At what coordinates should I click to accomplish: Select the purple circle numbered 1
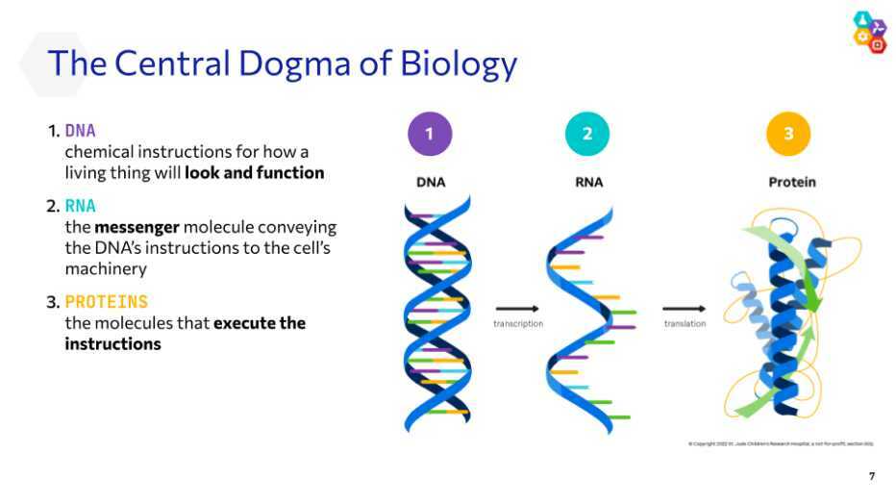point(430,135)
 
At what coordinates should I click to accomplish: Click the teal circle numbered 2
point(587,135)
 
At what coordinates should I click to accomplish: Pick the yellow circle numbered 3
point(788,135)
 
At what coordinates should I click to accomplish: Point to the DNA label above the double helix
point(431,182)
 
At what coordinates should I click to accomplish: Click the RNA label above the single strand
point(588,182)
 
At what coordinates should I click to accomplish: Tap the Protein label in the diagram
point(792,182)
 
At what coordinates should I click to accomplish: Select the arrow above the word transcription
point(517,309)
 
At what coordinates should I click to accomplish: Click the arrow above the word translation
point(684,309)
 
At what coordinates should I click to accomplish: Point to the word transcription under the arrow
point(518,324)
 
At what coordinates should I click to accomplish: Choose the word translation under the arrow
point(684,324)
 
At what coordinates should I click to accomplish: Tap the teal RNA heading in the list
point(81,206)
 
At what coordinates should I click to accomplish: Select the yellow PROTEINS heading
point(107,302)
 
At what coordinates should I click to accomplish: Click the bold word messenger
point(137,227)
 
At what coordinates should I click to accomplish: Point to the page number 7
point(872,477)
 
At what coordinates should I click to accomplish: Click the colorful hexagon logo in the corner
point(869,31)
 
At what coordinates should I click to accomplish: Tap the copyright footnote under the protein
point(781,443)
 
